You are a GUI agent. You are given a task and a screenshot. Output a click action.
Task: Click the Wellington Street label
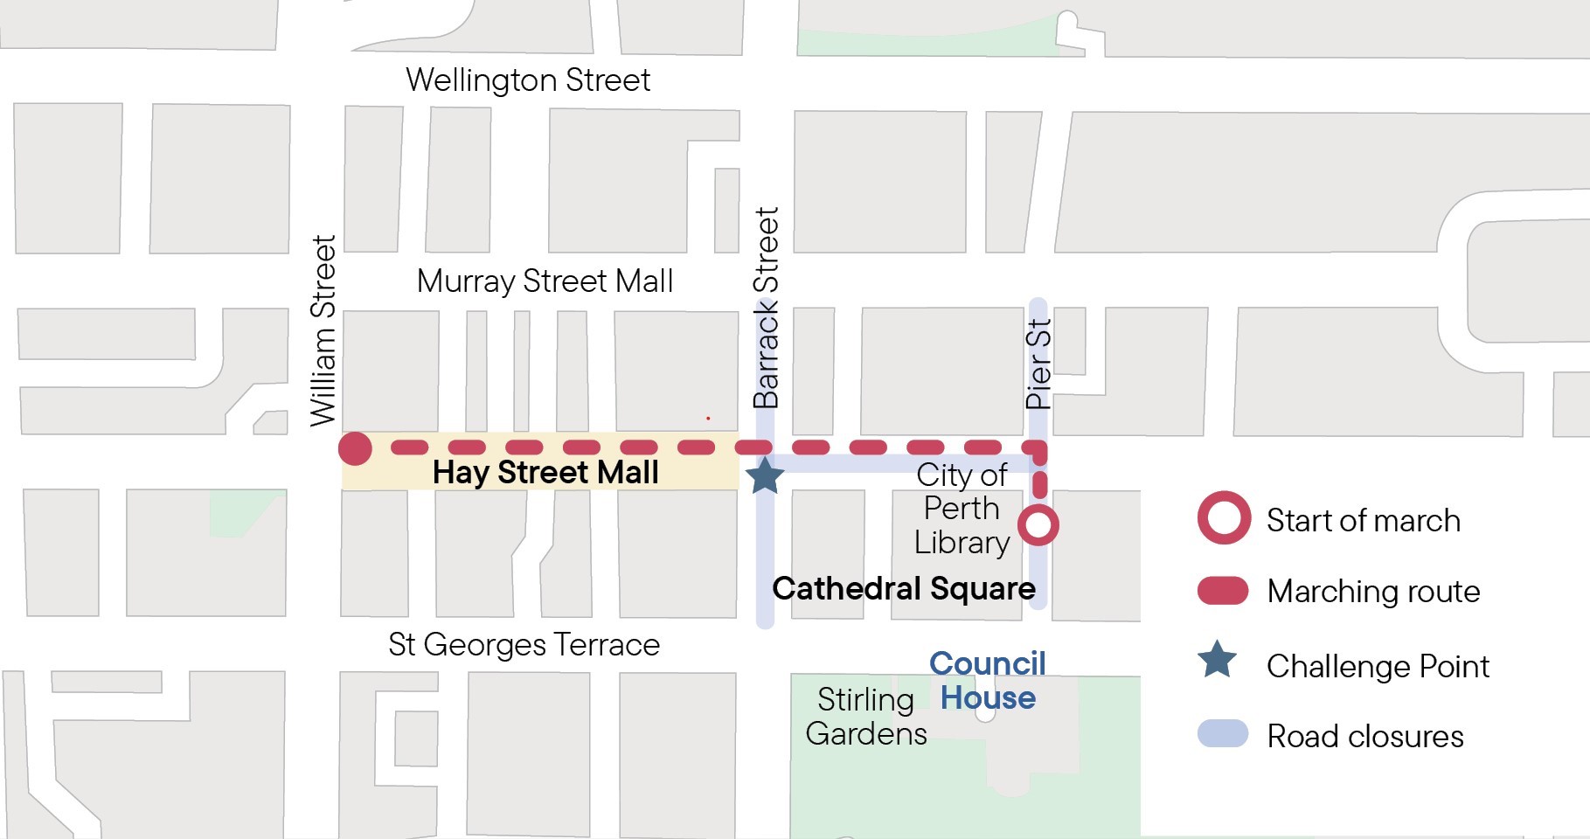(528, 80)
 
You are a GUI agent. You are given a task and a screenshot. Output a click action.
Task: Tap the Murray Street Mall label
(545, 281)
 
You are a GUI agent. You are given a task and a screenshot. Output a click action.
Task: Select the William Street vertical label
(323, 330)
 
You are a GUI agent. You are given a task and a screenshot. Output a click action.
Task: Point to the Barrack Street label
(766, 308)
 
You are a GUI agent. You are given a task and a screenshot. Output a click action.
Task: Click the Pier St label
(1038, 364)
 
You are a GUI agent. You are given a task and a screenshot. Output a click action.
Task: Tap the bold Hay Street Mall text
(545, 473)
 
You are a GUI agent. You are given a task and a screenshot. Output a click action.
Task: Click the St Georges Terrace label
(524, 645)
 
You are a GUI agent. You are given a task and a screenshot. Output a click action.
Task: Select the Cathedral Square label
(904, 588)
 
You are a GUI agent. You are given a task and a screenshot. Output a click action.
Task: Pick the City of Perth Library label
(962, 509)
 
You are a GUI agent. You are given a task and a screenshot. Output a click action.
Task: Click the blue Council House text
(988, 681)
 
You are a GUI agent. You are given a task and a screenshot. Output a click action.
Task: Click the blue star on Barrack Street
(765, 476)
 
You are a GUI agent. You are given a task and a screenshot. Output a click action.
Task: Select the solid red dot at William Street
(355, 448)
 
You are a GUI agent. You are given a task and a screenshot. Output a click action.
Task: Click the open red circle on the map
(1038, 525)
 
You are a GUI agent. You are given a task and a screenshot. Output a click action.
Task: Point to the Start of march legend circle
(1224, 518)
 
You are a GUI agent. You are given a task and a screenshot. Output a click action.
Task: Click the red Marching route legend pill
(1222, 591)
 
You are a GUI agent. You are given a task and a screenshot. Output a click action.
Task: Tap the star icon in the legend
(1217, 661)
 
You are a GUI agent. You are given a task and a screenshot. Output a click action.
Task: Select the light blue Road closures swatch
(1222, 733)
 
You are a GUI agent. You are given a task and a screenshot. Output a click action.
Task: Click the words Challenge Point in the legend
(1378, 666)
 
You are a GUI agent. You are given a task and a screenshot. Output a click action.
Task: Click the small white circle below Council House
(985, 714)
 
